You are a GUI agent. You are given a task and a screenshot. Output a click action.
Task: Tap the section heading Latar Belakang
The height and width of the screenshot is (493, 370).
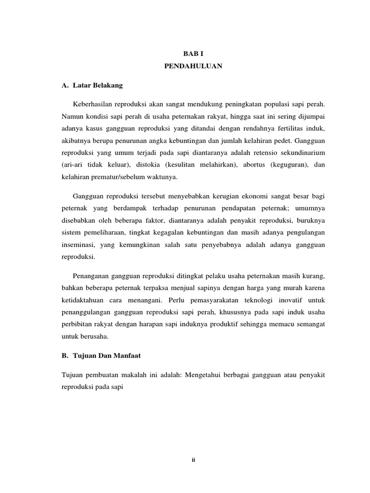click(x=98, y=86)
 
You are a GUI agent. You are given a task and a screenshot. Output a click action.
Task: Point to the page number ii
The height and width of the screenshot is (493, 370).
click(x=193, y=459)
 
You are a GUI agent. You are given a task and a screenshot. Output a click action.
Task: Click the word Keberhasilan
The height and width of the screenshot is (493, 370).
click(x=92, y=104)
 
